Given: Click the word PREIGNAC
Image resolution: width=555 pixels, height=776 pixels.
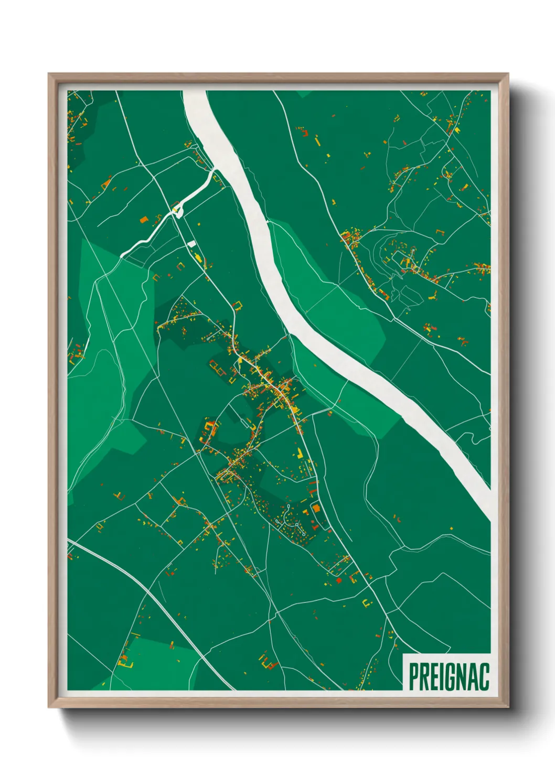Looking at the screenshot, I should [449, 677].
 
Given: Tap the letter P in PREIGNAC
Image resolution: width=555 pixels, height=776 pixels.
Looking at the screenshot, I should [413, 677].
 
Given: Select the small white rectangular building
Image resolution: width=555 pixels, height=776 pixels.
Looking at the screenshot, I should [192, 244].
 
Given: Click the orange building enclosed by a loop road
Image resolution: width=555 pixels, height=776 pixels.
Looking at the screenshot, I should [316, 508].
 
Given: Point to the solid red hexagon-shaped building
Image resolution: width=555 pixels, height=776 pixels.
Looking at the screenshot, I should [338, 580].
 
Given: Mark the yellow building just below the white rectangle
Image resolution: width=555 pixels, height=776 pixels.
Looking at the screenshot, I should [198, 257].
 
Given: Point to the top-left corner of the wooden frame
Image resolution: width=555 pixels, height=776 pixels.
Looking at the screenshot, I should [49, 74].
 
